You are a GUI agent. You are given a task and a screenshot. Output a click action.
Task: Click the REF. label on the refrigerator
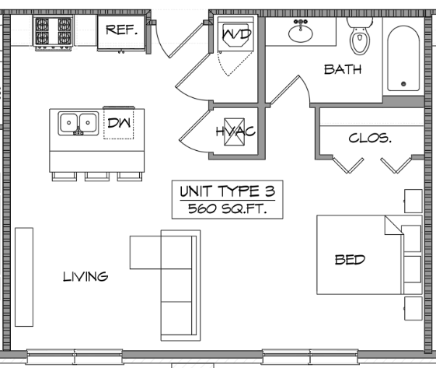[x=122, y=30]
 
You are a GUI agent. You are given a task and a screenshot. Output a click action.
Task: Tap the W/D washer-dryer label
[x=236, y=34]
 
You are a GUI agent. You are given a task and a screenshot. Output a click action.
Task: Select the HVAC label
[x=235, y=131]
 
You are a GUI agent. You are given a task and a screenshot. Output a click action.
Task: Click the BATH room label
[x=343, y=69]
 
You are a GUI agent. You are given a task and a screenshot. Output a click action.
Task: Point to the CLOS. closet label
[x=370, y=138]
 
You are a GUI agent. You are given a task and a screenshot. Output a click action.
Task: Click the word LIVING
[x=85, y=277]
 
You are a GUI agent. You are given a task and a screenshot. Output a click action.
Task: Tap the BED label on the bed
[x=350, y=260]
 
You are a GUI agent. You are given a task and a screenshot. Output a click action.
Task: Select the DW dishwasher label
[x=119, y=123]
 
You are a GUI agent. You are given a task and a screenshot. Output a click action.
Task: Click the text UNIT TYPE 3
[x=228, y=191]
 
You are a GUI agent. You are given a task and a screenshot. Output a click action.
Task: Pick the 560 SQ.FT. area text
[x=228, y=209]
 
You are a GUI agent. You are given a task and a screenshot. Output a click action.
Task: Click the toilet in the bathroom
[x=360, y=36]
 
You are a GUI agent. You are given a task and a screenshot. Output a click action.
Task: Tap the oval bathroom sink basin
[x=301, y=33]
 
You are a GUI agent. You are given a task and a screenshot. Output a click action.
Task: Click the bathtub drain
[x=403, y=83]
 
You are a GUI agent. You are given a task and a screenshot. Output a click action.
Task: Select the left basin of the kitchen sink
[x=69, y=122]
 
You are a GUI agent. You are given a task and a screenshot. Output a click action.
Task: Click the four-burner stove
[x=53, y=33]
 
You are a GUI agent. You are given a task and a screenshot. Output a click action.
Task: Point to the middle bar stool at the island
[x=97, y=177]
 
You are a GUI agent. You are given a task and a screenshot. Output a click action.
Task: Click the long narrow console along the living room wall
[x=24, y=277]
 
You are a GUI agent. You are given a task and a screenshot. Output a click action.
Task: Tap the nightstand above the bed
[x=413, y=202]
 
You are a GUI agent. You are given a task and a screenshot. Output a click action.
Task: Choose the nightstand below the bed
[x=413, y=308]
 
